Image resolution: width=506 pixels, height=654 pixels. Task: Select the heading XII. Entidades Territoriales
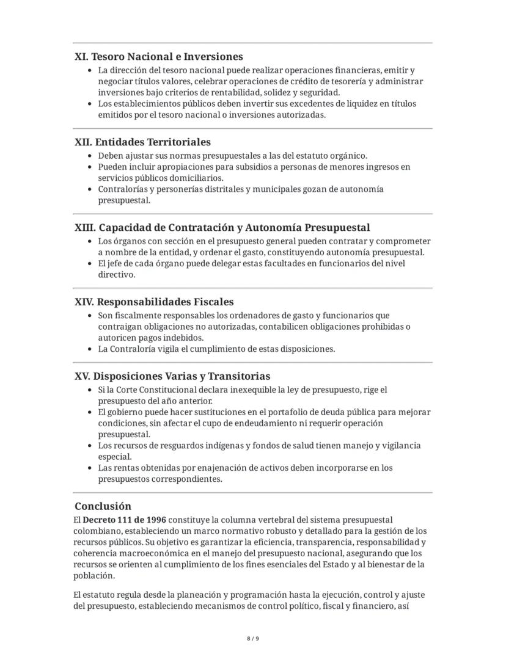(142, 142)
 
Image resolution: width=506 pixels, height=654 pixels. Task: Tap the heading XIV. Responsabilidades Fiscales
(154, 302)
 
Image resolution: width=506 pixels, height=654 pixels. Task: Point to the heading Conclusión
(103, 506)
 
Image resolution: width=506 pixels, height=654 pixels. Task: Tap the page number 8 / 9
(253, 639)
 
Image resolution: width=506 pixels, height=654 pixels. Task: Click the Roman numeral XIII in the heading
(85, 228)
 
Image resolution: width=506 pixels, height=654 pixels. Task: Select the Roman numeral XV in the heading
(82, 376)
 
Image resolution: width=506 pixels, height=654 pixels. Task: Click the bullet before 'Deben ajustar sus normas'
(90, 156)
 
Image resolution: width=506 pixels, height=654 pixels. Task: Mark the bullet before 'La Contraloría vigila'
(90, 349)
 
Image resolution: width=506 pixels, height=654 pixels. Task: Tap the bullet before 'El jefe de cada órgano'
(90, 264)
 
